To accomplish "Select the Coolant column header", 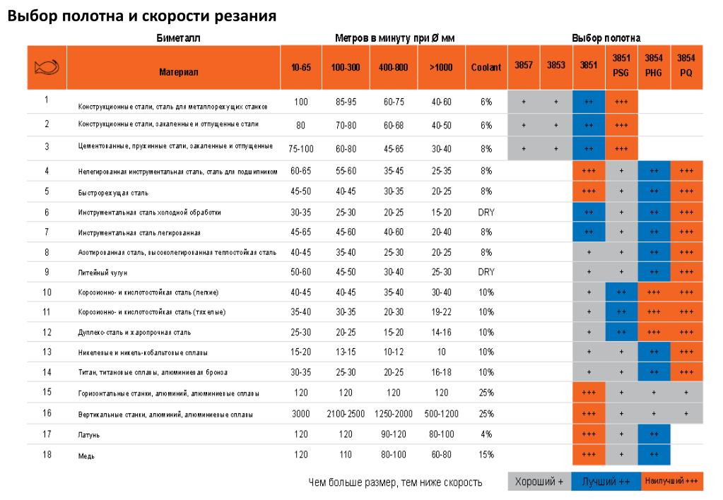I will click(x=486, y=68).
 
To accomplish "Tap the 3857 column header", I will click(x=524, y=65).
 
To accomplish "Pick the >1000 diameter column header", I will click(x=441, y=68).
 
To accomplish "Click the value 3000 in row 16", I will click(x=301, y=414).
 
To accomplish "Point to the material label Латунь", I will click(x=88, y=435).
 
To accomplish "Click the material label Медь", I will click(x=86, y=456).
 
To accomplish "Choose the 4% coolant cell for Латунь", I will click(x=486, y=434).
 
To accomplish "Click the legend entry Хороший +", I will click(x=539, y=482).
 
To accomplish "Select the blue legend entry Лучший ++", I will click(x=605, y=482).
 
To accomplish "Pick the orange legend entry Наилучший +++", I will click(x=671, y=481).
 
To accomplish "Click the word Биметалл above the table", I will click(x=178, y=38).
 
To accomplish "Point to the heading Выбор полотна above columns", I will click(x=606, y=38).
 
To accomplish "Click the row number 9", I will click(x=47, y=271).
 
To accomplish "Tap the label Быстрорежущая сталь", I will click(x=113, y=192).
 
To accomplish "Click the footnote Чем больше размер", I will click(x=396, y=483).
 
